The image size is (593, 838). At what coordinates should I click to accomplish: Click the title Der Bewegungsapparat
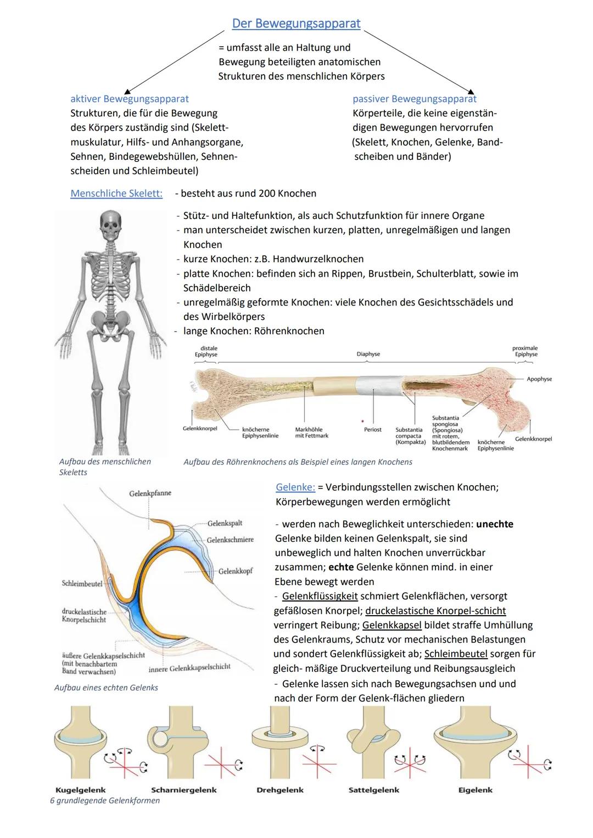(296, 24)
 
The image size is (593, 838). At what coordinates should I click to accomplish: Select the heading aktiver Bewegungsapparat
(129, 99)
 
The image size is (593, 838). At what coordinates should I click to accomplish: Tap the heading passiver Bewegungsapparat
(414, 99)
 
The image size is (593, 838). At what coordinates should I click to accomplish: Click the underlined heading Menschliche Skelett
(116, 193)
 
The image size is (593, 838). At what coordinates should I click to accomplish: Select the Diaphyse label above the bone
(368, 355)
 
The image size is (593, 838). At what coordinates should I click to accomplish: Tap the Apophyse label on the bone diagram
(539, 379)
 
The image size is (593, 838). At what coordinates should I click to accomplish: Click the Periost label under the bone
(372, 430)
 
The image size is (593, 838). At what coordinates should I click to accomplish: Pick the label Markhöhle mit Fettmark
(311, 432)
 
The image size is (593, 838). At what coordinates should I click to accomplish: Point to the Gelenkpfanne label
(150, 493)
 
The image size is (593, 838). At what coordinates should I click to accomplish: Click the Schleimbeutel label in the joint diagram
(82, 584)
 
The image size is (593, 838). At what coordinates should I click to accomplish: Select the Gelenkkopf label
(235, 571)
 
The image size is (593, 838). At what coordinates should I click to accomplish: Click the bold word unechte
(494, 524)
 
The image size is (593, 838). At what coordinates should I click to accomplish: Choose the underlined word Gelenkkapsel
(391, 625)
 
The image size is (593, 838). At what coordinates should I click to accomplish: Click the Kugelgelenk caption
(81, 790)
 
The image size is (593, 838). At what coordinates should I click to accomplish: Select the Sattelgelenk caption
(373, 790)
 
